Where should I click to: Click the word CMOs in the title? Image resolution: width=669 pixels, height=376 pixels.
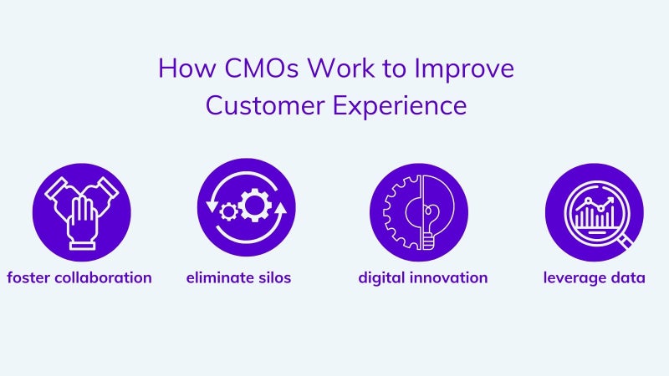(x=261, y=68)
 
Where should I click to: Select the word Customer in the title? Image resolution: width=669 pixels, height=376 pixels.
(x=265, y=105)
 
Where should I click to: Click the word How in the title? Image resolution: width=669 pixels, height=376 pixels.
(x=186, y=68)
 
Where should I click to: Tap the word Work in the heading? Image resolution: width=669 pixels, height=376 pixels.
(x=341, y=68)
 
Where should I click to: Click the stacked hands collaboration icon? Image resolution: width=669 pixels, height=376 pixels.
(x=81, y=212)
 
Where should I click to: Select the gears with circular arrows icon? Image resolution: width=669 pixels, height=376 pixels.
(x=246, y=207)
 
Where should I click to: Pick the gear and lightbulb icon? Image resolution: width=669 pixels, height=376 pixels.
(x=419, y=212)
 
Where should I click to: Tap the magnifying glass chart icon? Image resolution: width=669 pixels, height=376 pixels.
(x=595, y=212)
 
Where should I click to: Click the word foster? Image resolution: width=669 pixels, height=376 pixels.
(x=28, y=277)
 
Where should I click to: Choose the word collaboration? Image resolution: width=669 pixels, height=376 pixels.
(x=104, y=277)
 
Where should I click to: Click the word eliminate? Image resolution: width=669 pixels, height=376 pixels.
(x=220, y=277)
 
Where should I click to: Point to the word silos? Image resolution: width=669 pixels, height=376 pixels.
(x=275, y=277)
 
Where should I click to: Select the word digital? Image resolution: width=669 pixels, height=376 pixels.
(x=381, y=279)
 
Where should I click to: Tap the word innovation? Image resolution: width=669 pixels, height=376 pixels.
(x=448, y=277)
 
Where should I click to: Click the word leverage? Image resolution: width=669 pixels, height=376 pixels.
(x=575, y=279)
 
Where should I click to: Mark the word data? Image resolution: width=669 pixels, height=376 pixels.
(x=628, y=277)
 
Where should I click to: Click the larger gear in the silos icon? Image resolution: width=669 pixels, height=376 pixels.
(x=255, y=205)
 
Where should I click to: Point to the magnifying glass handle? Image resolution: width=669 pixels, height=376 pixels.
(x=626, y=241)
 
